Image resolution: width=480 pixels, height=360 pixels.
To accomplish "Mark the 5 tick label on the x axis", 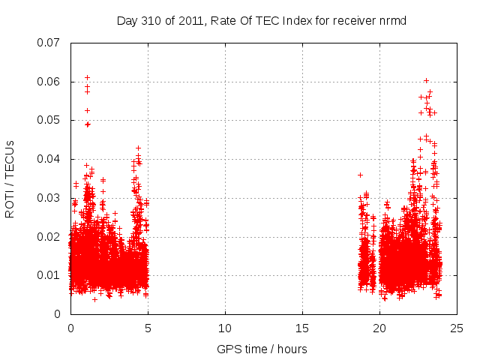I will [x=148, y=328].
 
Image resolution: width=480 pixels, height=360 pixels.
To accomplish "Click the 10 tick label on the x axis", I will [x=225, y=328].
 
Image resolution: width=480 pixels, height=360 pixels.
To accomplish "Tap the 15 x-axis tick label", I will [x=302, y=328].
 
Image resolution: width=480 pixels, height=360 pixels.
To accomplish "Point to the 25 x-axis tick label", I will [x=457, y=328].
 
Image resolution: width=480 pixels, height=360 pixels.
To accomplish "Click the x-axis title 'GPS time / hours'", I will [x=262, y=349].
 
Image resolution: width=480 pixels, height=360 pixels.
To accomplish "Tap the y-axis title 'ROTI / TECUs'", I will [x=10, y=178].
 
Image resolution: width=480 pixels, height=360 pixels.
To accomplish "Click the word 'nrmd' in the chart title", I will [x=392, y=20].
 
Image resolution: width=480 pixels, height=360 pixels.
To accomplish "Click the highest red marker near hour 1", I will [x=87, y=77].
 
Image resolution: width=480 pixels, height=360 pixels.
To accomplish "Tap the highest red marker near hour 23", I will [x=426, y=80].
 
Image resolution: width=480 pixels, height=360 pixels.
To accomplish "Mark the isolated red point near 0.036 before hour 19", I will [x=360, y=175].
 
